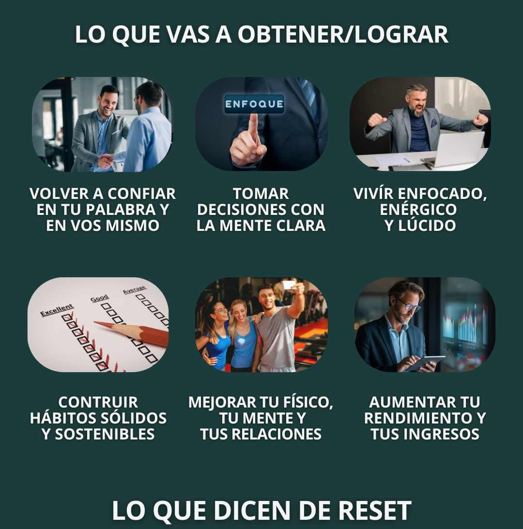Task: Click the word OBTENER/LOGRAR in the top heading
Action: pyautogui.click(x=343, y=34)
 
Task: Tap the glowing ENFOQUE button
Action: pyautogui.click(x=254, y=104)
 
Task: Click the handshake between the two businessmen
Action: pyautogui.click(x=108, y=159)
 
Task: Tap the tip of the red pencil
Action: pyautogui.click(x=95, y=322)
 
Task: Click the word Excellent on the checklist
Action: pyautogui.click(x=57, y=310)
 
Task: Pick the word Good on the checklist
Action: pyautogui.click(x=99, y=298)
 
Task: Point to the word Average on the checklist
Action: pyautogui.click(x=134, y=290)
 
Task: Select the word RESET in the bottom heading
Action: pyautogui.click(x=375, y=511)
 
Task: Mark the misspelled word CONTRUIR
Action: pyautogui.click(x=98, y=403)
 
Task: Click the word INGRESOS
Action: pyautogui.click(x=441, y=434)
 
